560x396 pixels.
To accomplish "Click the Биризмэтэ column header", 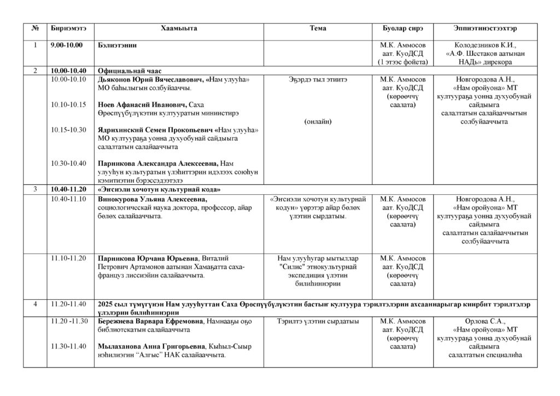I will click(x=64, y=28).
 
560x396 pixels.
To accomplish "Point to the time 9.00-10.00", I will click(x=66, y=45).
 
